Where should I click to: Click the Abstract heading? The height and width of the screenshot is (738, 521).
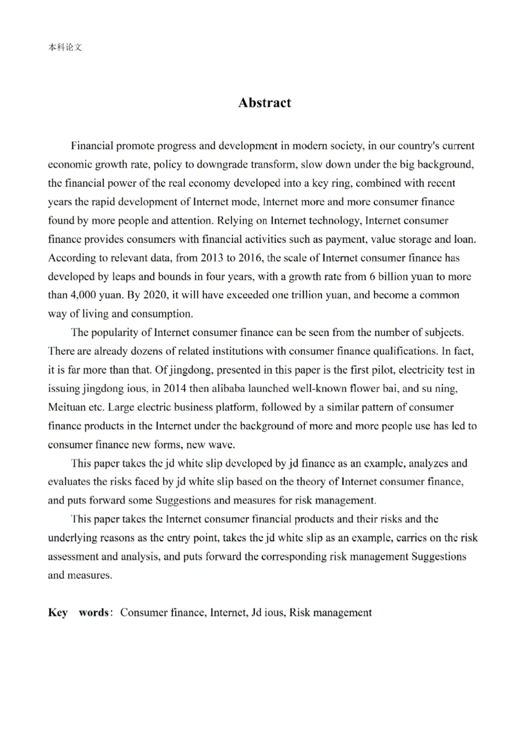click(x=264, y=103)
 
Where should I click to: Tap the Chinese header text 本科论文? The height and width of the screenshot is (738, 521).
click(x=65, y=47)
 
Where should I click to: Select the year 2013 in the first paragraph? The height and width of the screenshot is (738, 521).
click(x=212, y=258)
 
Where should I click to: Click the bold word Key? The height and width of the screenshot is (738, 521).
click(x=58, y=612)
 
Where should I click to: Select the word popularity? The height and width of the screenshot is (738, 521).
click(x=115, y=333)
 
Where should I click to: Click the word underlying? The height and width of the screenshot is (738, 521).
click(x=72, y=538)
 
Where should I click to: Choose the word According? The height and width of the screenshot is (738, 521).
click(x=72, y=258)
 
